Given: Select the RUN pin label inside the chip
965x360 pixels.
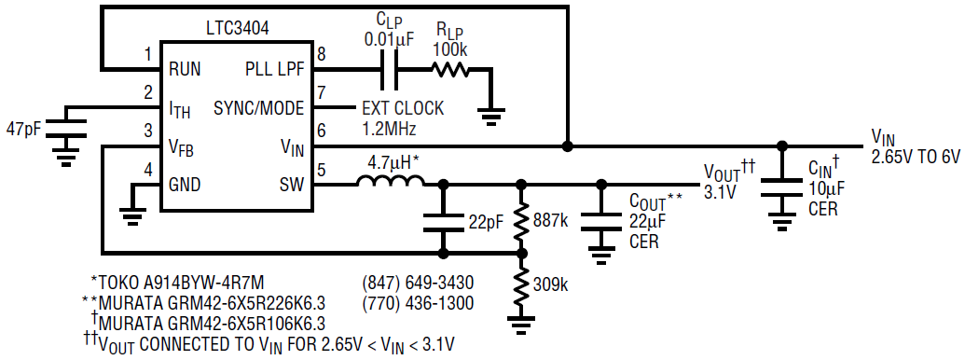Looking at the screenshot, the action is (x=185, y=69).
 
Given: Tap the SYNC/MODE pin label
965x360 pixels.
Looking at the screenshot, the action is (x=258, y=109).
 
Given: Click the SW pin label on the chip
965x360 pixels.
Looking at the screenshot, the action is (x=292, y=184).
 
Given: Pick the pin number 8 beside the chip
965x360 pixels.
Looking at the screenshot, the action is (x=321, y=53).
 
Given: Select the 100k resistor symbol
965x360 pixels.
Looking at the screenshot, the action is (x=450, y=70).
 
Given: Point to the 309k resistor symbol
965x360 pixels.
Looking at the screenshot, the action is (x=521, y=285).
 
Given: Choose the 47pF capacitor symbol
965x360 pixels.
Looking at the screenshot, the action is (x=64, y=130).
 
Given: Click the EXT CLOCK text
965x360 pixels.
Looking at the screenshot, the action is (x=403, y=109).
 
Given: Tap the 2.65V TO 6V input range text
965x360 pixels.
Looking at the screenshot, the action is (x=916, y=157).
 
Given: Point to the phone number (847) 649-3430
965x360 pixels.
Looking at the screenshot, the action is (x=418, y=284).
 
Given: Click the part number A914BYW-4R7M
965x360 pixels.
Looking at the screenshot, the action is (x=203, y=284).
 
